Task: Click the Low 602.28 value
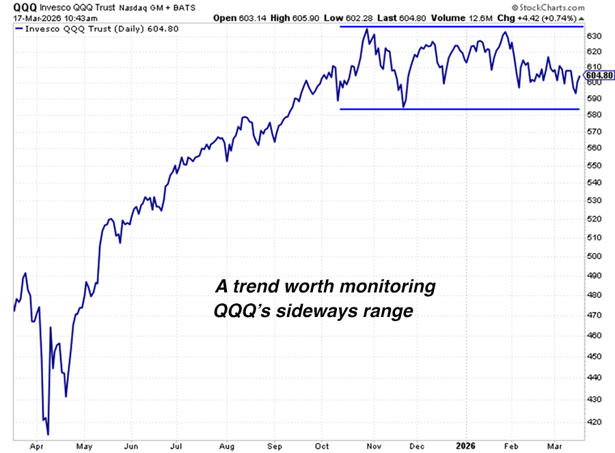pyautogui.click(x=364, y=17)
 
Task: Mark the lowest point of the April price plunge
pyautogui.click(x=48, y=434)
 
